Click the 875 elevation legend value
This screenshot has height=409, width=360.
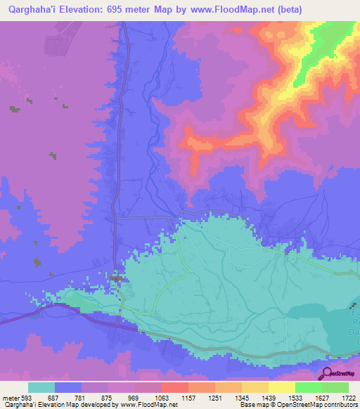(x=108, y=398)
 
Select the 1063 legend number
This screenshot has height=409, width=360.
(x=161, y=398)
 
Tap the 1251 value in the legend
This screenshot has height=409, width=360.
(x=214, y=398)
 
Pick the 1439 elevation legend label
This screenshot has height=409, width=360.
(x=268, y=398)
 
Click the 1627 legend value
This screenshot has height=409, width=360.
(x=321, y=398)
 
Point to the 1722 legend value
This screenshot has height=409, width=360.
(x=347, y=398)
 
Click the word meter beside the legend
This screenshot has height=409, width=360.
(x=9, y=398)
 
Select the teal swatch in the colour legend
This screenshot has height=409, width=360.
(x=41, y=388)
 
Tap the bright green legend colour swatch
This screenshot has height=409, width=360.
(x=308, y=388)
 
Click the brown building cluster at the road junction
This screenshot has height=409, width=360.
(x=119, y=280)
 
